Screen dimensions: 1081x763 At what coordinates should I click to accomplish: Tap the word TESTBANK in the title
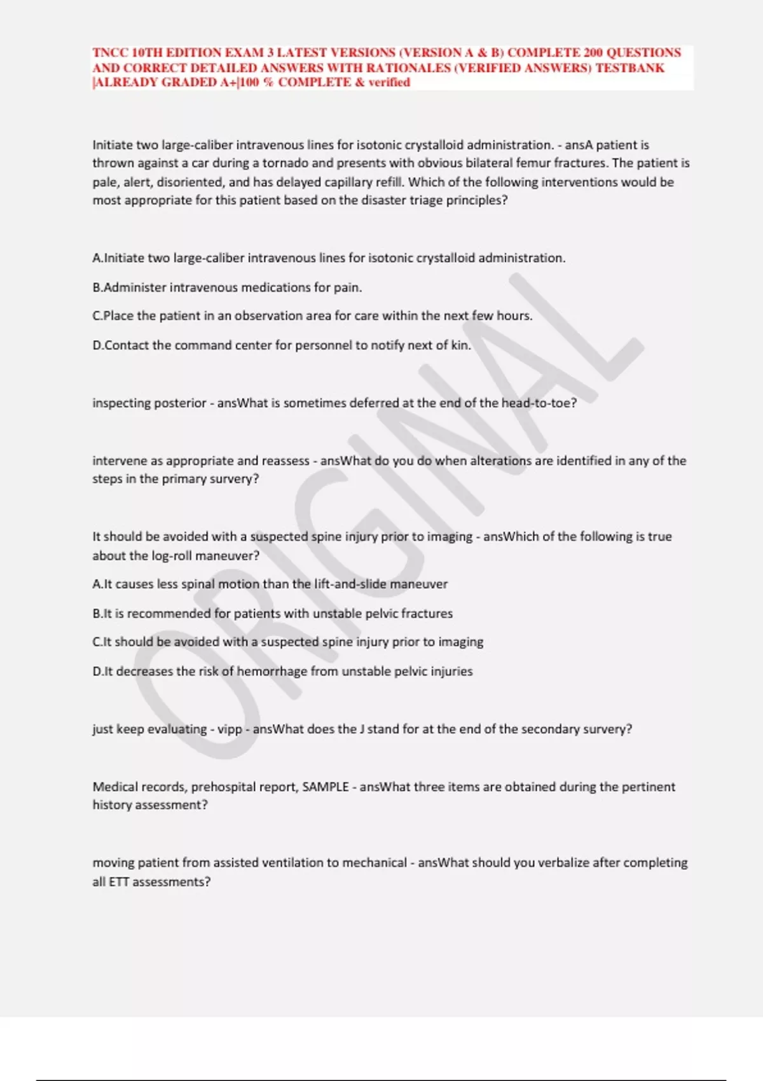click(629, 68)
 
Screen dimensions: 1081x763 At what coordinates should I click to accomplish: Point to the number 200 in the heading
click(593, 53)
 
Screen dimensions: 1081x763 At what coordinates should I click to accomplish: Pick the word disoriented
click(190, 182)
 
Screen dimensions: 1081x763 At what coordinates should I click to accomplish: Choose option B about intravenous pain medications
click(227, 287)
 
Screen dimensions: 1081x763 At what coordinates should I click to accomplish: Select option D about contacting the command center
click(282, 345)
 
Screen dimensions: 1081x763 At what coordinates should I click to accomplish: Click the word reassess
click(285, 461)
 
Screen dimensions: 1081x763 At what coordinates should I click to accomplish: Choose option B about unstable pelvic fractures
click(272, 614)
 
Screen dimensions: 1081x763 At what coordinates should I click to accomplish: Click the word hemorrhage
click(271, 671)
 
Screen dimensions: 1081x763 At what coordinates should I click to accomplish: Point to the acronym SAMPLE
click(326, 787)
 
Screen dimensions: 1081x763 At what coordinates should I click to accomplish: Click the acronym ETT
click(118, 882)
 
